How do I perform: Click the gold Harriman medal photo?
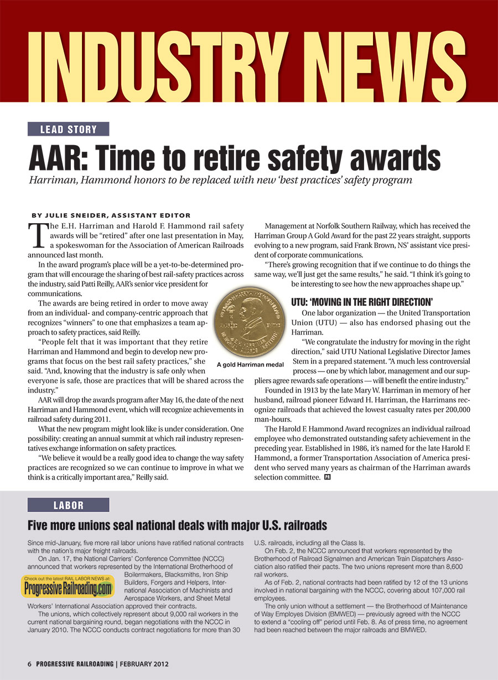249,321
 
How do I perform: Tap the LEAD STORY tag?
68,130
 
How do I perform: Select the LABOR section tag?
68,505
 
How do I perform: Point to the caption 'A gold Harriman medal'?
250,364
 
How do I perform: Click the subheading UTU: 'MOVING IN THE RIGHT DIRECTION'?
361,302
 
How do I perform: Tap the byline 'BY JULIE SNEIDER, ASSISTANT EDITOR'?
111,215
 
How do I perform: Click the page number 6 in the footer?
30,663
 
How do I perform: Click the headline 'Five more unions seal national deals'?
177,525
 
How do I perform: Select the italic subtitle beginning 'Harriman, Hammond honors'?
219,181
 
